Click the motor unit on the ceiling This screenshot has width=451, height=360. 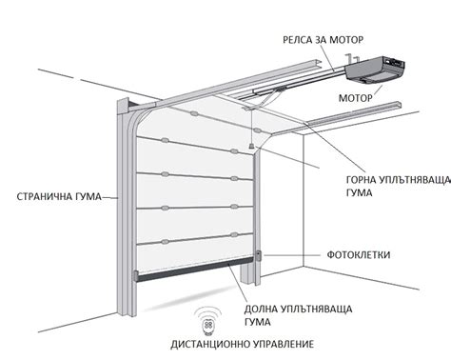point(375,69)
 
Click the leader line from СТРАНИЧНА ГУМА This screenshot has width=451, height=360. point(107,198)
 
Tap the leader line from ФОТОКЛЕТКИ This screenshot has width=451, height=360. point(290,255)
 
